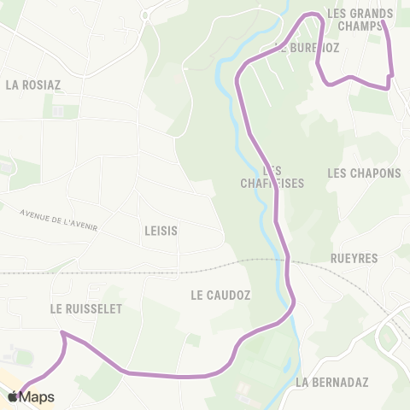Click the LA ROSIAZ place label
(x=32, y=85)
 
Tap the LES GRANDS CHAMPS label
(x=360, y=19)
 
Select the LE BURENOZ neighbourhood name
(x=307, y=48)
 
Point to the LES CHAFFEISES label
(x=261, y=177)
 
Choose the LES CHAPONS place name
(x=364, y=173)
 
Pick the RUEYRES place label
(x=353, y=257)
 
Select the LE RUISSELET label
(x=85, y=307)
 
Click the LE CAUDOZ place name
(x=220, y=296)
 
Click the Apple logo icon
(x=13, y=396)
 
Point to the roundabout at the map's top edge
(x=147, y=15)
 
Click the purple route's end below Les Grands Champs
(x=389, y=85)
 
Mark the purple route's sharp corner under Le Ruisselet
(x=62, y=333)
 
